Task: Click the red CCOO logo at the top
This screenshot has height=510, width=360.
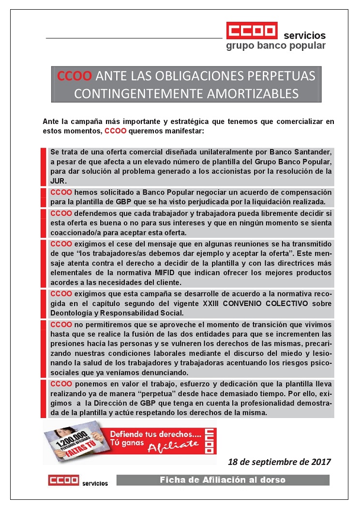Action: point(252,31)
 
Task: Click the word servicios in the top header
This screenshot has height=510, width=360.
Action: point(304,35)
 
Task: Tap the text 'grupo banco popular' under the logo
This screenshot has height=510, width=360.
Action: point(275,46)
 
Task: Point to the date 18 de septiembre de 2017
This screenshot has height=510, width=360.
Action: point(279,462)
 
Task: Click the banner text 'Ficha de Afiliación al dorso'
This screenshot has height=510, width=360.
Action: point(223,480)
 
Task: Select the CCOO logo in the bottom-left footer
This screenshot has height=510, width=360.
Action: point(63,480)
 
